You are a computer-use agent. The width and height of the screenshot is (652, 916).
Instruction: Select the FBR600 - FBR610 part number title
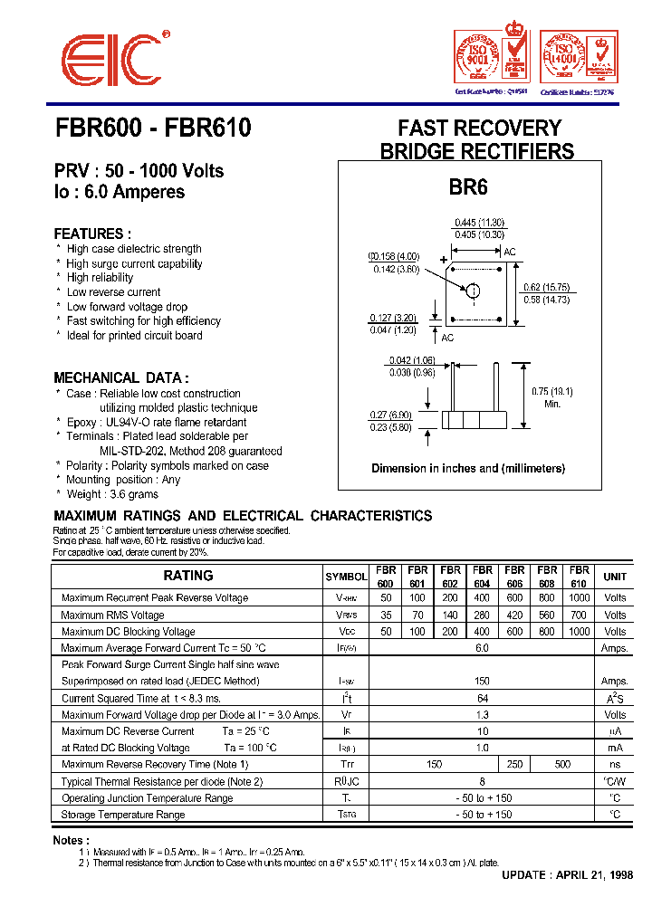pos(152,129)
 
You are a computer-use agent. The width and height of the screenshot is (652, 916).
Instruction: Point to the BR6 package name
pos(468,188)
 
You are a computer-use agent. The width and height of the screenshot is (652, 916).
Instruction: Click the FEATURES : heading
pos(91,234)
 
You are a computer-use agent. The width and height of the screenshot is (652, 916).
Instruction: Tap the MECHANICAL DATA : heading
pos(120,377)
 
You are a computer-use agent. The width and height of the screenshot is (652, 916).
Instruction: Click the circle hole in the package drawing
pos(473,290)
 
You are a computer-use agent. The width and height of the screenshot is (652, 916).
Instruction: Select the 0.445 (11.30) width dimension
pos(479,223)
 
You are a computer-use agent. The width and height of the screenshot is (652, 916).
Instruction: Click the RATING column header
pos(188,576)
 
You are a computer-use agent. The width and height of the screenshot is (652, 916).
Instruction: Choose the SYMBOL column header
pos(346,577)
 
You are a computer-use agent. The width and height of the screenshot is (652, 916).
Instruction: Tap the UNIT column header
pos(615,577)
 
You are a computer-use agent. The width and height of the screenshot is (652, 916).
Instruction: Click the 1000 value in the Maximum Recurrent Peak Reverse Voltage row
pos(579,598)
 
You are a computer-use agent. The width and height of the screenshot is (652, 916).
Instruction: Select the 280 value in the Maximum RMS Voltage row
pos(483,615)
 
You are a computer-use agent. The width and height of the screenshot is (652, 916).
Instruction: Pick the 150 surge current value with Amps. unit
pos(482,681)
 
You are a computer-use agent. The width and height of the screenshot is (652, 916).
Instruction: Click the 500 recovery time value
pos(562,765)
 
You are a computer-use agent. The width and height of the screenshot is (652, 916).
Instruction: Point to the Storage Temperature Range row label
pos(123,815)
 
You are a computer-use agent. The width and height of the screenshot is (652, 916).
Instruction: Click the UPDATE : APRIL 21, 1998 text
pos(567,875)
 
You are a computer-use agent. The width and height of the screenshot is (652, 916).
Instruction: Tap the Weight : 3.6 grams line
pos(112,494)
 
